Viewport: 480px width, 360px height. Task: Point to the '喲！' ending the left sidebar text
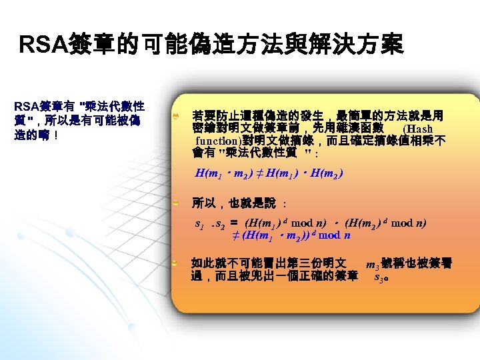click(51, 134)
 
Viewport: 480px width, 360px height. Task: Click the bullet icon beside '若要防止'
click(175, 116)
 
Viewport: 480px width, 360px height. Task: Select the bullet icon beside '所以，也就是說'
click(175, 201)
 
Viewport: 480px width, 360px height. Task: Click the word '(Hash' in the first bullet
click(418, 129)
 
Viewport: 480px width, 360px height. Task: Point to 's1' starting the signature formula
click(199, 223)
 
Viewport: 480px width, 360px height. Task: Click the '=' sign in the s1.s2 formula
click(235, 223)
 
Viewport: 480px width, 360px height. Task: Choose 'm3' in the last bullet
click(373, 265)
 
